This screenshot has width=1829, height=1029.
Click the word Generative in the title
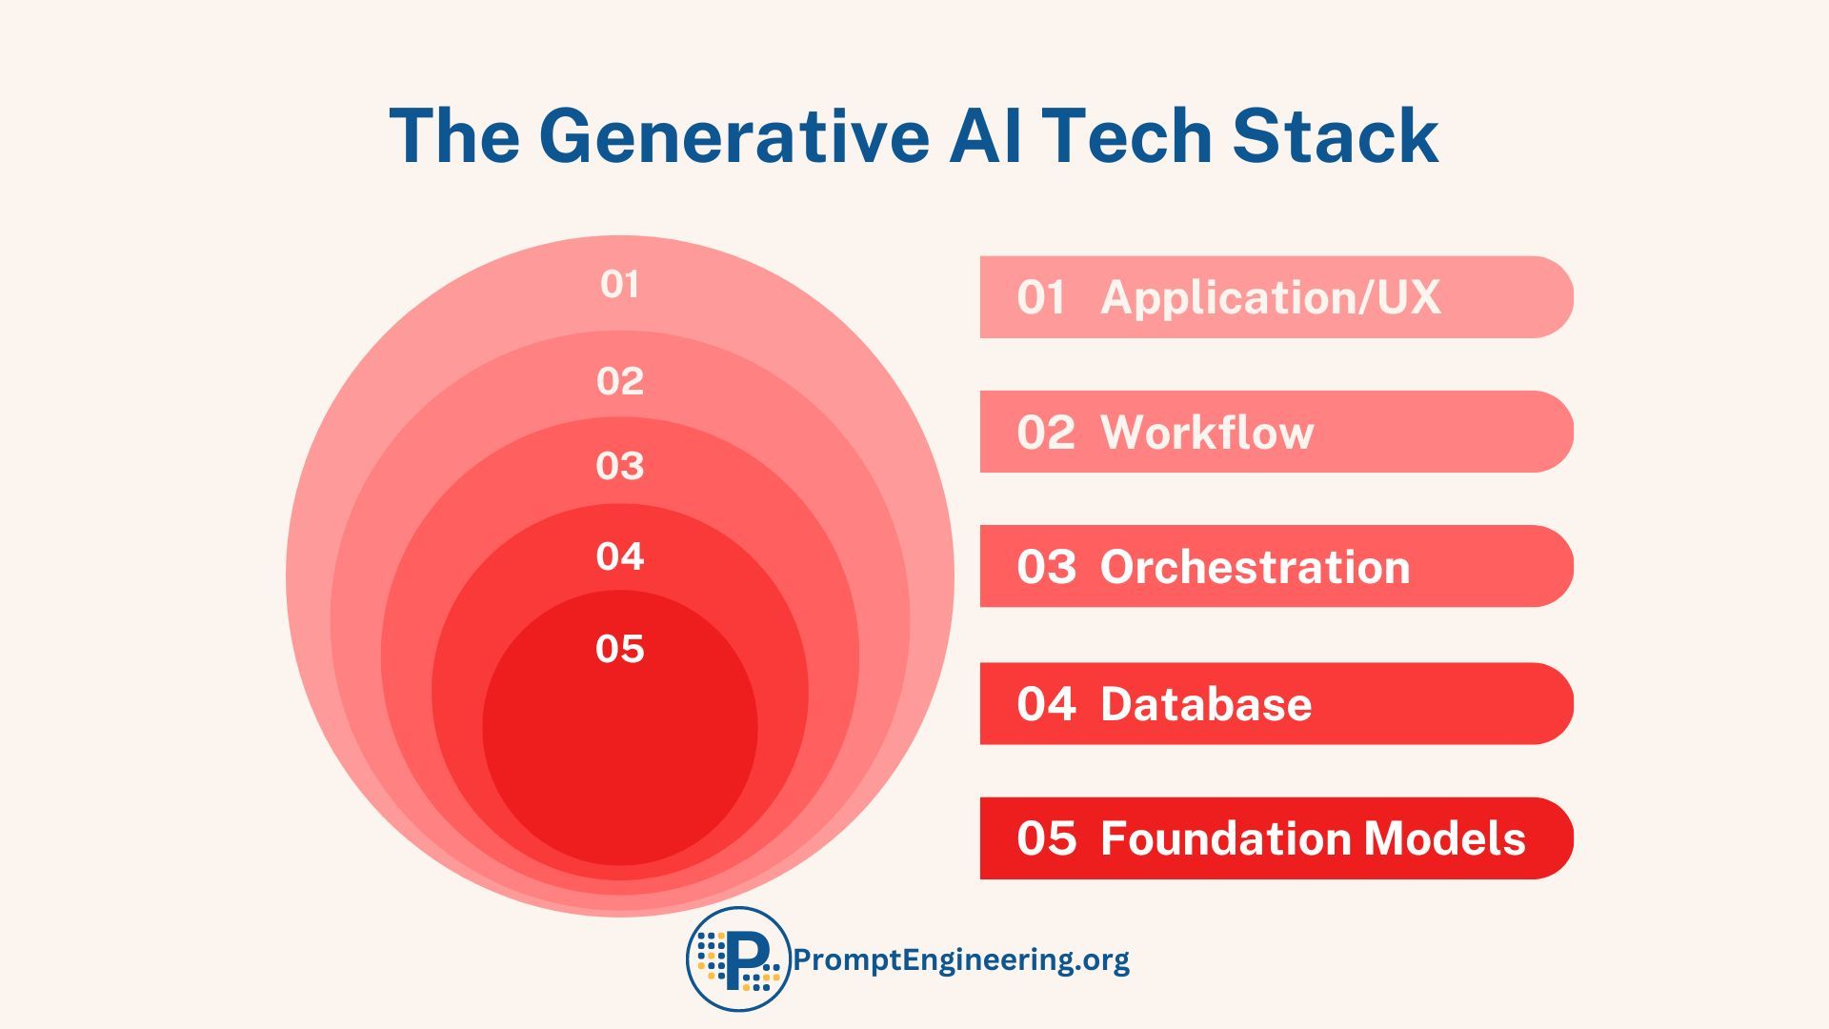click(733, 136)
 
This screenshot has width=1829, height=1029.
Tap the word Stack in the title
click(1335, 136)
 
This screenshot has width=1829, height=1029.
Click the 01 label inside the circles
click(620, 284)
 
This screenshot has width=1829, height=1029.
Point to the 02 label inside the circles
click(620, 381)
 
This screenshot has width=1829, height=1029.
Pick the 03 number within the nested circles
click(620, 466)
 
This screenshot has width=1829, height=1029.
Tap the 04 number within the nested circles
click(620, 556)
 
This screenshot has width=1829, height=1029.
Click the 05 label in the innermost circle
click(620, 649)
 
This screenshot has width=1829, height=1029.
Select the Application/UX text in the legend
click(1270, 297)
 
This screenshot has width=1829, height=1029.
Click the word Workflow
click(1207, 433)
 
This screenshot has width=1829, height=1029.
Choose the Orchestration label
click(1255, 567)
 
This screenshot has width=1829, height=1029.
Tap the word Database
click(1206, 704)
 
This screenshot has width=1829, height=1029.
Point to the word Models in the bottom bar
click(1444, 838)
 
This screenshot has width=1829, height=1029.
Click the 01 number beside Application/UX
click(1041, 297)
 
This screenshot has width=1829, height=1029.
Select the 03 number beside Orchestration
click(1046, 567)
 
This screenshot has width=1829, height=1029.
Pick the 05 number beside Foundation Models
click(1046, 838)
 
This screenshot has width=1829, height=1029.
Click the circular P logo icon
click(738, 958)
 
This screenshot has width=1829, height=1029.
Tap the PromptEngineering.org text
click(961, 959)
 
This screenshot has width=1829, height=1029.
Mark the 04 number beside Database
click(1046, 704)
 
